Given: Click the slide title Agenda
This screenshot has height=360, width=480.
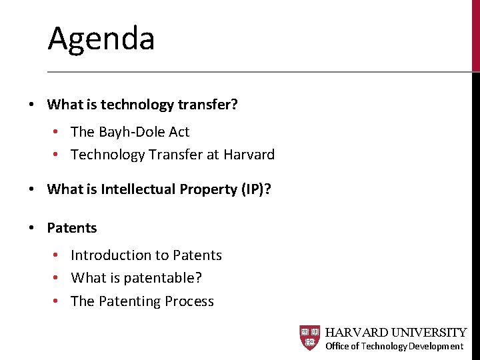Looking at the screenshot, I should [x=101, y=38].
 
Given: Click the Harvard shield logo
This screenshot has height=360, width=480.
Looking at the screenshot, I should [x=310, y=338].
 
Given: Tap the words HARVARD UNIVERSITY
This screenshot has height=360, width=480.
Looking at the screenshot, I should [x=395, y=332].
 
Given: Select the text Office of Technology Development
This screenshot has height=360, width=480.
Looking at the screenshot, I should [x=394, y=346].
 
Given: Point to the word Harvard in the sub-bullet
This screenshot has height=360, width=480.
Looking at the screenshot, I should [x=249, y=155].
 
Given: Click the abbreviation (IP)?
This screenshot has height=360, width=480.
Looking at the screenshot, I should [x=255, y=189].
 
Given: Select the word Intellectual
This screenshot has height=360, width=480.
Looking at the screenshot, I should [x=139, y=189].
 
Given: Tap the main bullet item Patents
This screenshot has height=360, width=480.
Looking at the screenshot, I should [x=72, y=228].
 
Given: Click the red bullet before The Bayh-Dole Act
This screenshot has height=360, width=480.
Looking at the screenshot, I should [x=57, y=132].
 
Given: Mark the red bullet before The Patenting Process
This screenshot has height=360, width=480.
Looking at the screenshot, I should [x=57, y=301].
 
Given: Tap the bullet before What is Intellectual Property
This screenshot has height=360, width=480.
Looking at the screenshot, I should [x=31, y=189].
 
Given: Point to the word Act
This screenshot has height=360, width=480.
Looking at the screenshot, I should [x=179, y=132].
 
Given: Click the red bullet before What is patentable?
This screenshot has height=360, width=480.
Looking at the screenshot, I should [x=57, y=278].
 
